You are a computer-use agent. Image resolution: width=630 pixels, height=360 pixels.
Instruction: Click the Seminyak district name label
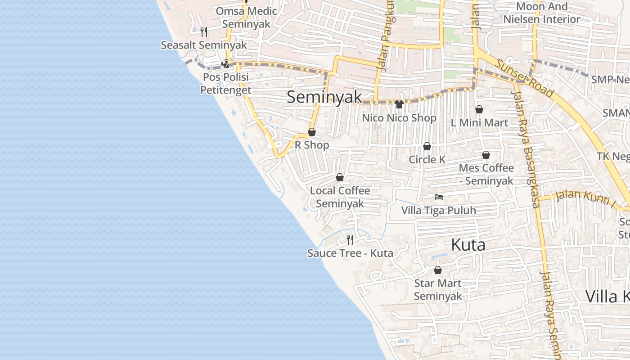click(x=324, y=97)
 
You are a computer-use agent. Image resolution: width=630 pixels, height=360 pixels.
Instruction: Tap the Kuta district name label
click(x=468, y=245)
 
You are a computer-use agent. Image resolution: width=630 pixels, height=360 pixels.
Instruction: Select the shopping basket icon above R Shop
click(x=311, y=132)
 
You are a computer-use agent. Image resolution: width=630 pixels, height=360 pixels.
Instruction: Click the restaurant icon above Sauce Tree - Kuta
click(x=350, y=239)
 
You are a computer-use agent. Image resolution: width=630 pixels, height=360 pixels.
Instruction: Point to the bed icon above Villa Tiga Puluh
click(x=439, y=197)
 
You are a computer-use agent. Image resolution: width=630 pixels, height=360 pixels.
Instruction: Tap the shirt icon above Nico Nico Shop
click(x=399, y=104)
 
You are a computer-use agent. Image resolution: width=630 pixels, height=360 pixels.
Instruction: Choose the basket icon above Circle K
click(x=427, y=146)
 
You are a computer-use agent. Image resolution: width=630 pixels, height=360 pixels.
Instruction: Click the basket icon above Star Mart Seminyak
click(x=437, y=270)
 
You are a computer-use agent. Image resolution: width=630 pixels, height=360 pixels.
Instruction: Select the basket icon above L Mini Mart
click(x=479, y=109)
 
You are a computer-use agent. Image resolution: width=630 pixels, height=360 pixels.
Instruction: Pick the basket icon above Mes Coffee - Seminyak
click(x=486, y=155)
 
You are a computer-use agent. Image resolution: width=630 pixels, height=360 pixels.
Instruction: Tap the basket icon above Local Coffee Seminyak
click(x=340, y=177)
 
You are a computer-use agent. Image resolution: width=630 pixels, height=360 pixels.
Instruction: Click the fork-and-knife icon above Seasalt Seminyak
click(x=204, y=31)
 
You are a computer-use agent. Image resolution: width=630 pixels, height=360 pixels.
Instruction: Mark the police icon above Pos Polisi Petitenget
click(x=225, y=64)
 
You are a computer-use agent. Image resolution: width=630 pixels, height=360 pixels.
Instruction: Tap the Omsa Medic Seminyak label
click(x=246, y=17)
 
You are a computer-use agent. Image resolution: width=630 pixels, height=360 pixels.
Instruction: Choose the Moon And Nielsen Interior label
click(x=542, y=13)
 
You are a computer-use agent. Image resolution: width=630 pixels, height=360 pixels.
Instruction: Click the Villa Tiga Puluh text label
click(x=439, y=210)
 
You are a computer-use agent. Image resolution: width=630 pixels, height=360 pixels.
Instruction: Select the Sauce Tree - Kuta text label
click(x=350, y=253)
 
